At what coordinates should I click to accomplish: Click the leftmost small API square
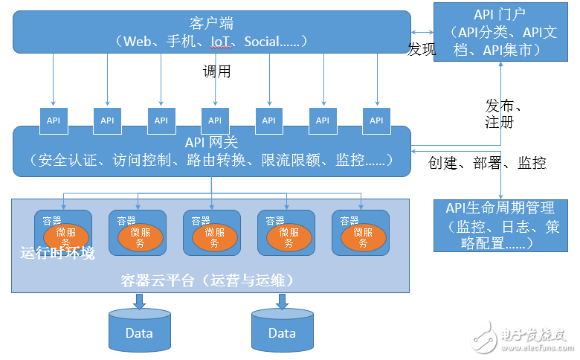tap(54, 120)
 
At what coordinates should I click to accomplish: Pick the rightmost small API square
tap(376, 120)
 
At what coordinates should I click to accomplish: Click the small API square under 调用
tap(215, 120)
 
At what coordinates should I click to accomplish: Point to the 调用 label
tap(217, 72)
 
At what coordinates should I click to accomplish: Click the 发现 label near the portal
tap(421, 50)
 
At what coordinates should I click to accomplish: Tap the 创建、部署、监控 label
tap(487, 163)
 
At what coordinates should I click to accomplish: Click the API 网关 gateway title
tap(211, 141)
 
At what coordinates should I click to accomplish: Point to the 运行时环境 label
tap(57, 254)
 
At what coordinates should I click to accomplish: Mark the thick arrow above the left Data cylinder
tap(139, 300)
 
